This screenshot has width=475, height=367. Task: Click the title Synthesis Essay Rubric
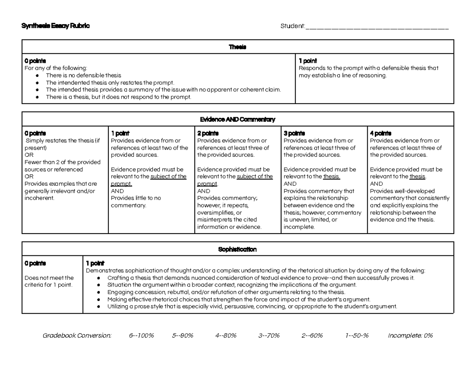tap(56, 26)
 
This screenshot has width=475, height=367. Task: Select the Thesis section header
tap(237, 47)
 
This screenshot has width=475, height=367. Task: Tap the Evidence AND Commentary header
tap(237, 119)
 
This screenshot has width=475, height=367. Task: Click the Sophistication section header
tap(237, 249)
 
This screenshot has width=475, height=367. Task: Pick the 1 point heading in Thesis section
tap(308, 61)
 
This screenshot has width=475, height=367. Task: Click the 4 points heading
tap(380, 133)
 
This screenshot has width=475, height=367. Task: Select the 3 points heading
tap(294, 133)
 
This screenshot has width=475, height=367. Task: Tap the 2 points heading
tap(208, 133)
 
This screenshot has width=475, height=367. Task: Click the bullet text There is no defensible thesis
tap(84, 75)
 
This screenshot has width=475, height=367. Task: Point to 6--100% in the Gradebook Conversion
tap(141, 336)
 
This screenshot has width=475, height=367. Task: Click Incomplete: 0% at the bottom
tap(410, 336)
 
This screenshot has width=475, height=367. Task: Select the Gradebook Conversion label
tap(77, 336)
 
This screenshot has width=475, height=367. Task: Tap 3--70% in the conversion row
tap(269, 336)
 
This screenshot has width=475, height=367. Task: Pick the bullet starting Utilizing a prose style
tap(252, 306)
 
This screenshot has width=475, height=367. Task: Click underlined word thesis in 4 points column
tap(417, 177)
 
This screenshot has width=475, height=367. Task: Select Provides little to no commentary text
tap(136, 202)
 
